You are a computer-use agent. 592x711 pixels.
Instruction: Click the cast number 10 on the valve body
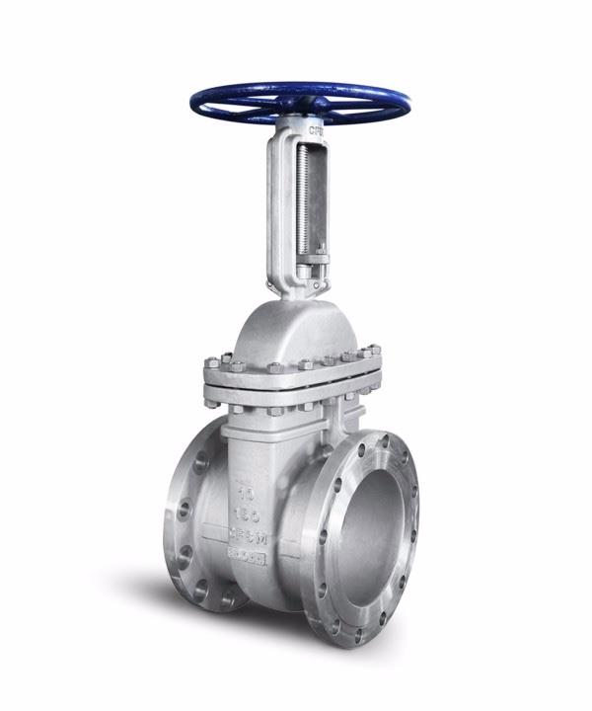pos(244,488)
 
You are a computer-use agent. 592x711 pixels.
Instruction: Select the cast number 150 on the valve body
pos(244,513)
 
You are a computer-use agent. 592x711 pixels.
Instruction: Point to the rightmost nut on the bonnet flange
pos(373,349)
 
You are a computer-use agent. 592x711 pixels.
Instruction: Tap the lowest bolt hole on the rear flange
pos(223,598)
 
